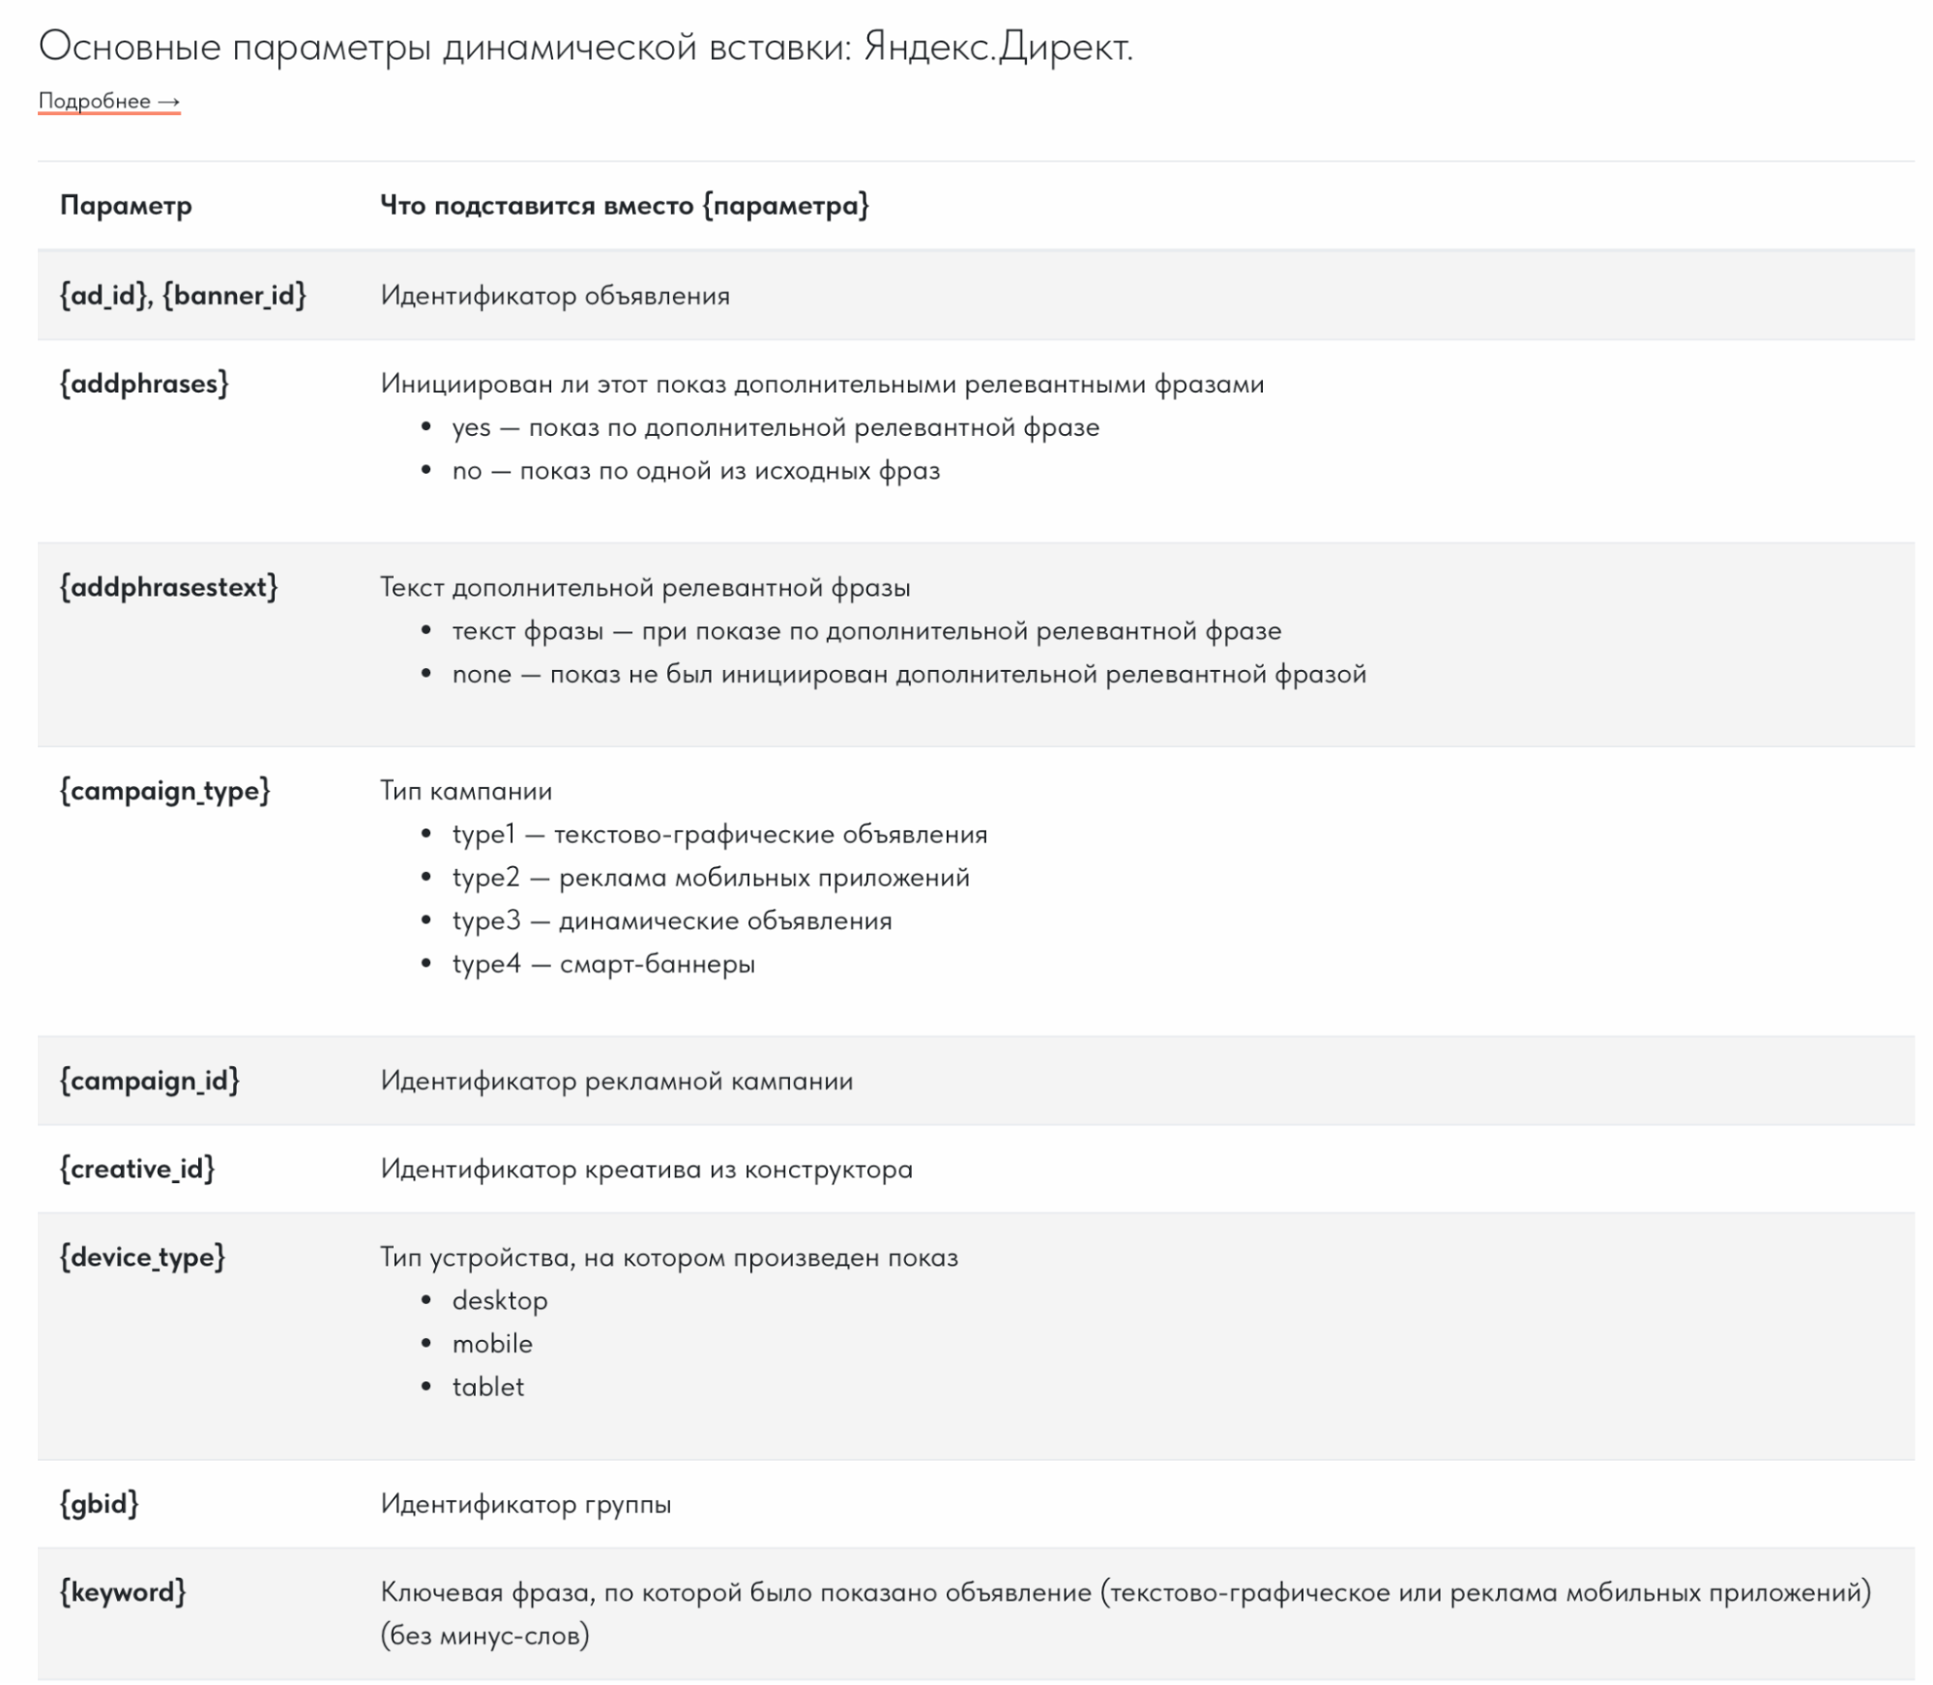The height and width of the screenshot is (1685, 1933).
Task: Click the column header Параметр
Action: pyautogui.click(x=126, y=205)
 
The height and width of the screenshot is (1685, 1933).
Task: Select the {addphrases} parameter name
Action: pyautogui.click(x=144, y=384)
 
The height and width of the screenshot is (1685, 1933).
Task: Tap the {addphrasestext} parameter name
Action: pyautogui.click(x=168, y=587)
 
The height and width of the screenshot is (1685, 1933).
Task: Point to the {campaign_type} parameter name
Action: pyautogui.click(x=164, y=791)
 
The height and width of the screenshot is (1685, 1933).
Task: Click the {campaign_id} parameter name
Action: pyautogui.click(x=149, y=1080)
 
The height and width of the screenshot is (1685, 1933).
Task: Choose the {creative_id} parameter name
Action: pyautogui.click(x=136, y=1169)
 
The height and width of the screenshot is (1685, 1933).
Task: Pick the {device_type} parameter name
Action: pyautogui.click(x=142, y=1257)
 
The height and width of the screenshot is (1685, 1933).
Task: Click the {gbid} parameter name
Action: pyautogui.click(x=99, y=1503)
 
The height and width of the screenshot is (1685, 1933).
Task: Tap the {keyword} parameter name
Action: pyautogui.click(x=122, y=1591)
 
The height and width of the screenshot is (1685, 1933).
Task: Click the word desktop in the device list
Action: pyautogui.click(x=499, y=1300)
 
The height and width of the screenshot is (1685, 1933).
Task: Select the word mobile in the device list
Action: pyautogui.click(x=491, y=1344)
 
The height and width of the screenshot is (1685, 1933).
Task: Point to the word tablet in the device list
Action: pyautogui.click(x=487, y=1387)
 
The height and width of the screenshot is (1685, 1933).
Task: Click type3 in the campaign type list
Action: pyautogui.click(x=485, y=920)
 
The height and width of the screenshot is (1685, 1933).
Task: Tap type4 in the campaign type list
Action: pyautogui.click(x=485, y=964)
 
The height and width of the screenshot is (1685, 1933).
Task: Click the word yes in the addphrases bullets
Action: pyautogui.click(x=471, y=427)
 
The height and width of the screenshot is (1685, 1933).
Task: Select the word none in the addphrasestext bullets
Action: pyautogui.click(x=481, y=674)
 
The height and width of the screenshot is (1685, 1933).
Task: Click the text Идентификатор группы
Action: pyautogui.click(x=525, y=1503)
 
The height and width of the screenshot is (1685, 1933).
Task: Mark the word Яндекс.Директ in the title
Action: pyautogui.click(x=997, y=45)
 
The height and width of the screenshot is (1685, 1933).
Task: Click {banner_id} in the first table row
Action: pyautogui.click(x=234, y=295)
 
